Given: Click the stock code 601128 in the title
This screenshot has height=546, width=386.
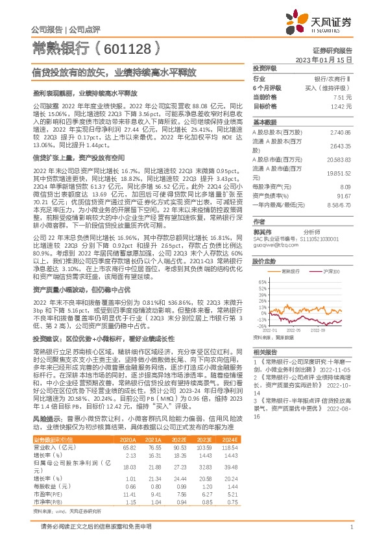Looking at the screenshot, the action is tap(123, 47).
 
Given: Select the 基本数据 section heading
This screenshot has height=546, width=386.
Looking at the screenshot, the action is tap(264, 122).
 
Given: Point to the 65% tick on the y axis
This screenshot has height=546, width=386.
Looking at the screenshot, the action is tap(261, 281).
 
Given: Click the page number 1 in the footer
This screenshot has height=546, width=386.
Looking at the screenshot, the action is tap(351, 527).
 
